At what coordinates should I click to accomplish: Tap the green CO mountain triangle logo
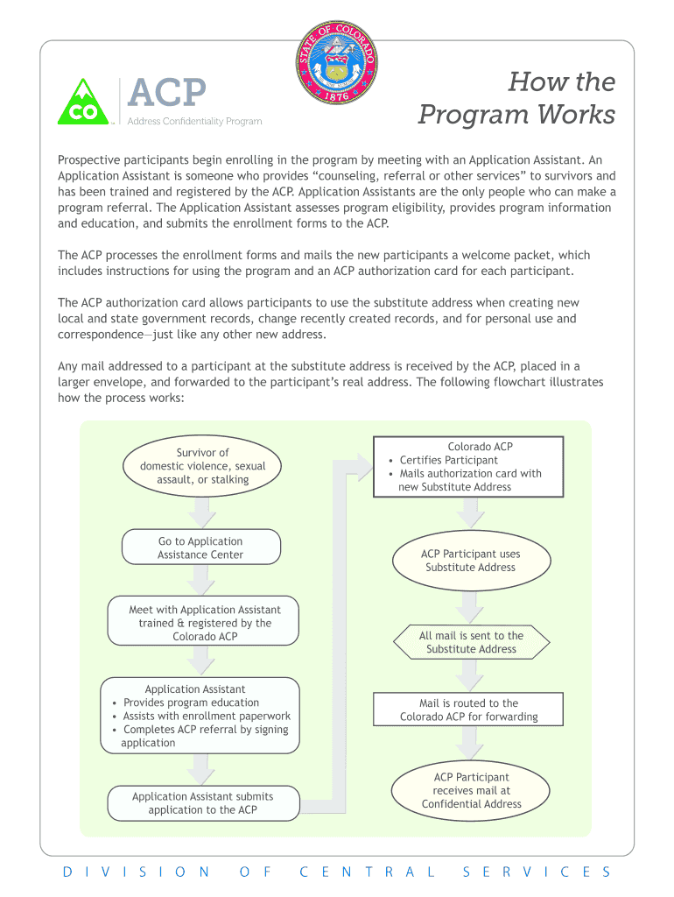point(83,102)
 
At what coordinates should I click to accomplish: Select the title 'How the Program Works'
point(516,98)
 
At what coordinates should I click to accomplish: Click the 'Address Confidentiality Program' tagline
point(194,121)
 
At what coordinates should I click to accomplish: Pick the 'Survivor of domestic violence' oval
point(202,466)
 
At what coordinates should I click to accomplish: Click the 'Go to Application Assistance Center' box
point(200,547)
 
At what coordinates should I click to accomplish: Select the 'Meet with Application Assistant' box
point(204,622)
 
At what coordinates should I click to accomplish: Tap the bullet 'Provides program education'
point(191,703)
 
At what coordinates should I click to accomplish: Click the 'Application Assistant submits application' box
point(202,802)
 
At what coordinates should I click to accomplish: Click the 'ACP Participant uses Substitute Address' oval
point(470,561)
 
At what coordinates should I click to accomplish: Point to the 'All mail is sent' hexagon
point(471,642)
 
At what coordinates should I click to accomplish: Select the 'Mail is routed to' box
point(468,710)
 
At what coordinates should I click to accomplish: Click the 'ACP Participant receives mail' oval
point(471,790)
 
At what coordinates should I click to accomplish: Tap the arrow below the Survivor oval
point(203,511)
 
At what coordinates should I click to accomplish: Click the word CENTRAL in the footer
point(368,872)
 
